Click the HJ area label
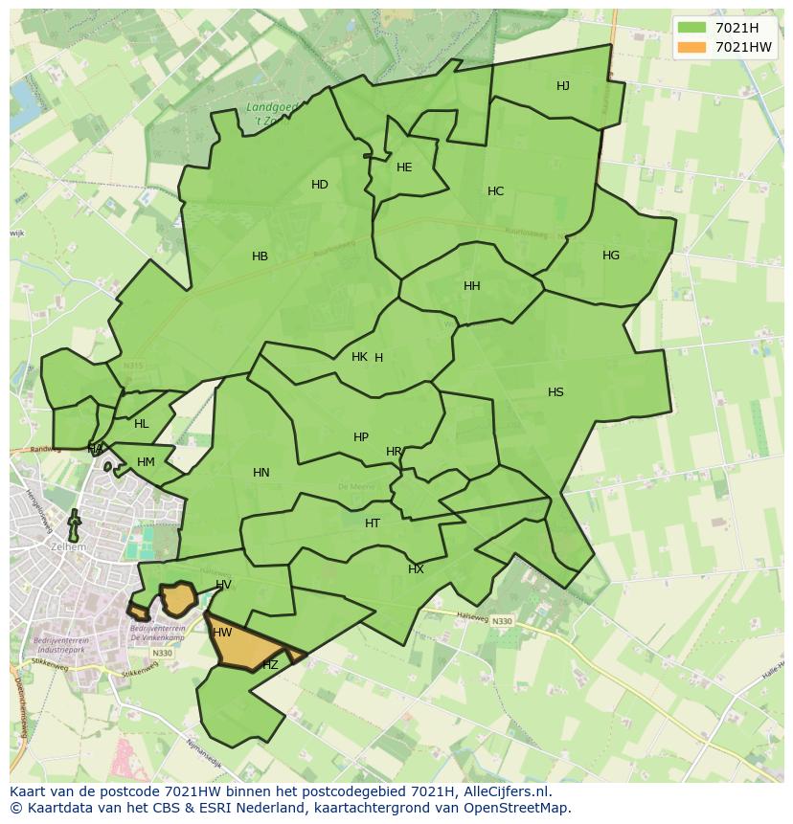click(563, 86)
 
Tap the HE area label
click(404, 167)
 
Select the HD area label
click(320, 185)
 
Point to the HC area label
click(495, 191)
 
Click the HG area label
click(611, 256)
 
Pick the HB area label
click(260, 256)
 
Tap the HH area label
click(472, 286)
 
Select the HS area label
click(555, 392)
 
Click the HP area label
click(361, 437)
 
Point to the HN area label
click(261, 473)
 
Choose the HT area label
click(373, 523)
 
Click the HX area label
click(416, 569)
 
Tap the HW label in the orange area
click(222, 633)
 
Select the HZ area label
click(270, 665)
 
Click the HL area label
click(142, 424)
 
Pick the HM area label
click(146, 462)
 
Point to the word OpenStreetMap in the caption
click(521, 808)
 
